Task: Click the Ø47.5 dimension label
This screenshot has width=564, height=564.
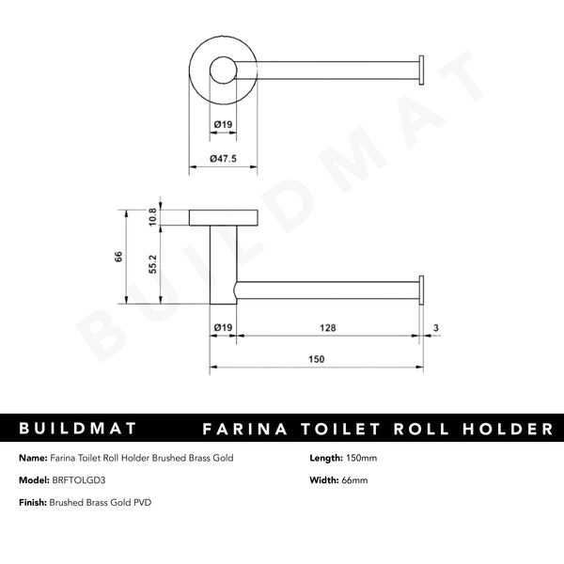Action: pyautogui.click(x=224, y=158)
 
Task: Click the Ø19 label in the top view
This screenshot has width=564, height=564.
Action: pyautogui.click(x=224, y=124)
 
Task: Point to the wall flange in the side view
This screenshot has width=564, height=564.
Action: pyautogui.click(x=223, y=218)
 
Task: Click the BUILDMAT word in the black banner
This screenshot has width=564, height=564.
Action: pyautogui.click(x=79, y=429)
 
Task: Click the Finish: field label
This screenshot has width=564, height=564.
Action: pyautogui.click(x=34, y=502)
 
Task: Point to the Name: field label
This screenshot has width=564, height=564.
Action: pyautogui.click(x=33, y=458)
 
